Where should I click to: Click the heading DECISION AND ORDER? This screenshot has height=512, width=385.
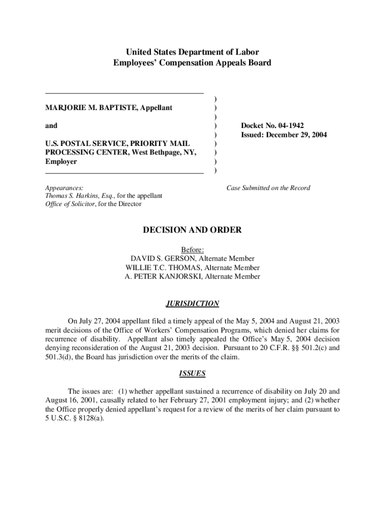tap(192, 230)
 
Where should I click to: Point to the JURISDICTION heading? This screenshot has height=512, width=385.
tap(192, 303)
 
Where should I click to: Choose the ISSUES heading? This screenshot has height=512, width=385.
tap(192, 373)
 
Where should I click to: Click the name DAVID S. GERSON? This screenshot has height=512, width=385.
tap(163, 258)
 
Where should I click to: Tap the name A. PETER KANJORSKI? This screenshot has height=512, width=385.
tap(160, 276)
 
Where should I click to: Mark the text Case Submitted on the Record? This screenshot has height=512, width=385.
tap(268, 188)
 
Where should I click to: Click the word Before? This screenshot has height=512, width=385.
tap(192, 249)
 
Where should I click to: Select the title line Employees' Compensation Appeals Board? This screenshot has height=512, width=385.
tap(192, 62)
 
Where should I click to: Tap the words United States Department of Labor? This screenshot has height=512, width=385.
tap(192, 52)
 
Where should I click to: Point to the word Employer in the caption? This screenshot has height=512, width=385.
tap(61, 161)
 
